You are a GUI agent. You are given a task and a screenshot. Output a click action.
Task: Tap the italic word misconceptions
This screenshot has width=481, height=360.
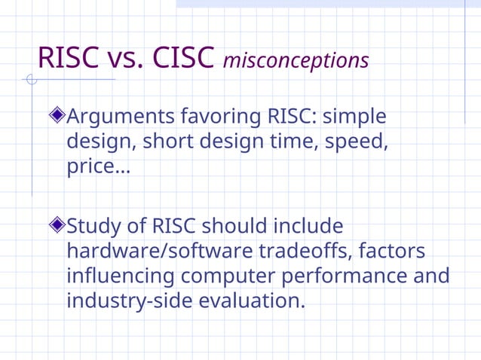[296, 60]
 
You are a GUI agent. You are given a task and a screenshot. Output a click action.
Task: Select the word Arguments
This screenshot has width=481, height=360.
[121, 117]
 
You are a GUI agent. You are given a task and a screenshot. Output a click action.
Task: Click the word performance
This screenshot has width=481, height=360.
[344, 276]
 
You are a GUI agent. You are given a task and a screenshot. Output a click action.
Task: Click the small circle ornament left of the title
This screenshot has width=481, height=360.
[31, 80]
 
